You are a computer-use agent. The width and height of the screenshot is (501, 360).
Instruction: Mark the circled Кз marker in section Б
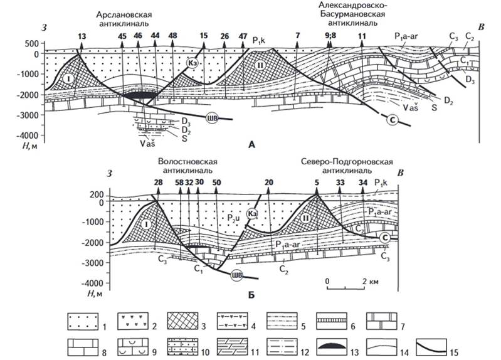tap(253, 214)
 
